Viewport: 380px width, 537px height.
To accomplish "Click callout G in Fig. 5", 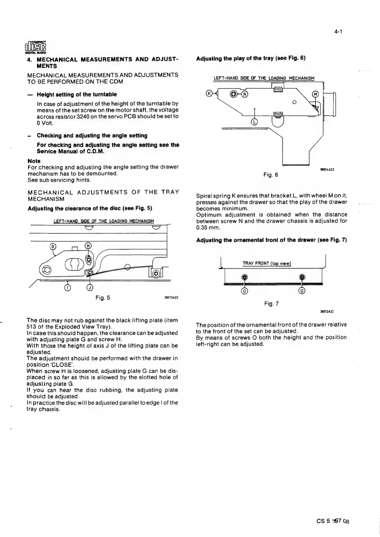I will click(x=53, y=246).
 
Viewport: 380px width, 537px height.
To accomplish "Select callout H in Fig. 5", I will click(x=89, y=246).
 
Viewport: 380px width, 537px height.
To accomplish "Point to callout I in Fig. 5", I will click(x=67, y=288).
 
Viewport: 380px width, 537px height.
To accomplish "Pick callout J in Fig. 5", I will click(x=90, y=288).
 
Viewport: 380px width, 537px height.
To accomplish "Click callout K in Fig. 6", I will click(x=209, y=93).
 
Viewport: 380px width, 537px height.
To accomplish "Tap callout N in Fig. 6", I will click(x=244, y=94).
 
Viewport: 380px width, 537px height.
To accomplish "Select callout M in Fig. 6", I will click(x=315, y=94).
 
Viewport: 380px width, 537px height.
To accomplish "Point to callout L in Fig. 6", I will click(x=254, y=122).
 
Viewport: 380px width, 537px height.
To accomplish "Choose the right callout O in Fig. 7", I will click(x=302, y=291).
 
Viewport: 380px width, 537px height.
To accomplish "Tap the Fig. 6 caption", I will click(x=271, y=175).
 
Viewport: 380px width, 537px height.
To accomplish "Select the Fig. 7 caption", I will click(x=272, y=304).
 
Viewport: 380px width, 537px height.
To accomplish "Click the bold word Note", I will click(x=34, y=161).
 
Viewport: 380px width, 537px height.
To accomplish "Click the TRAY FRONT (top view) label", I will click(x=267, y=263).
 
